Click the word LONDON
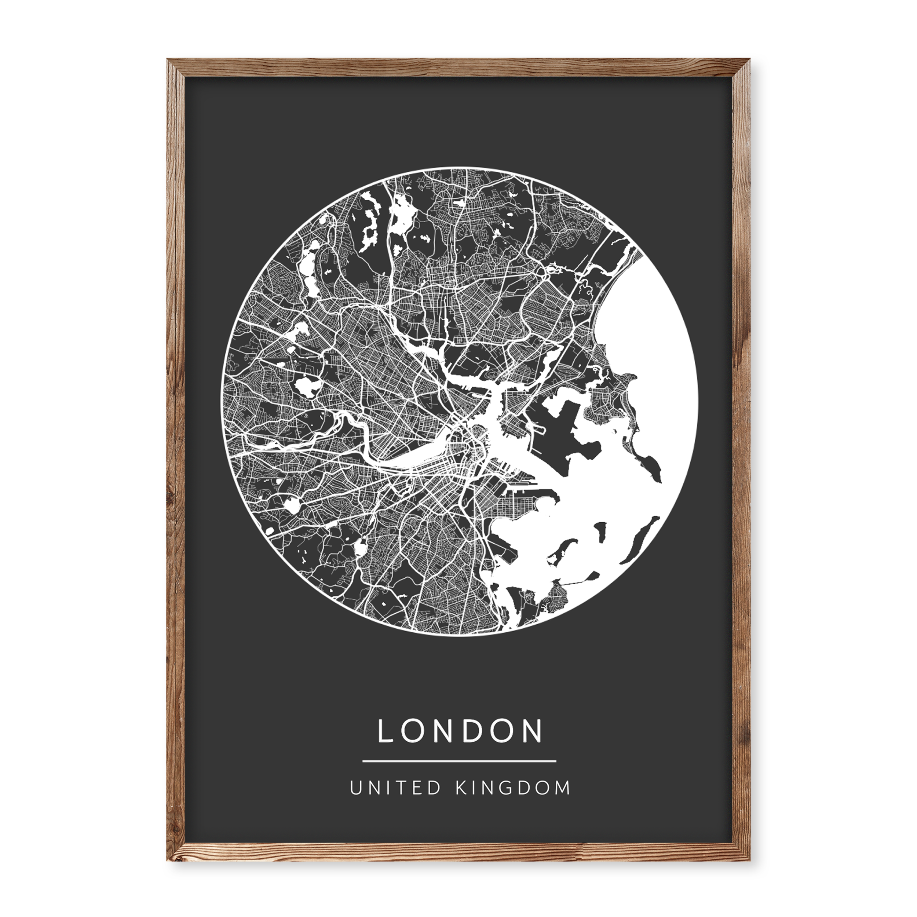[460, 732]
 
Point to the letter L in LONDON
[385, 732]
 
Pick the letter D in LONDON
[474, 732]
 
